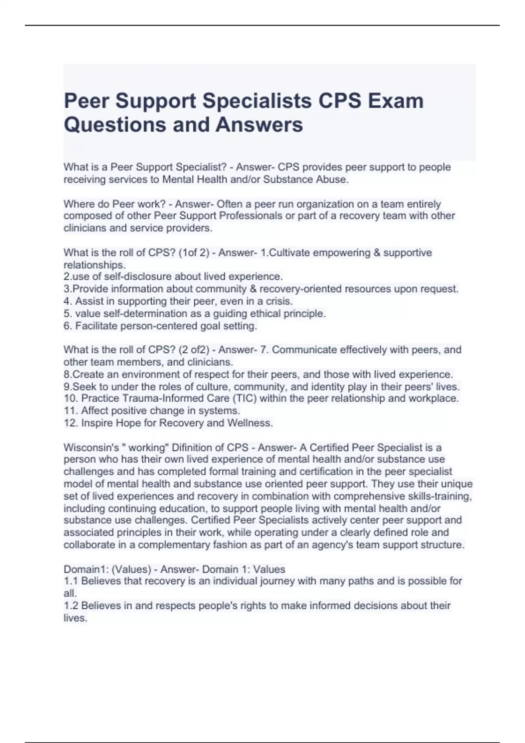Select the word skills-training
[440, 496]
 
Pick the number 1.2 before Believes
[71, 606]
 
